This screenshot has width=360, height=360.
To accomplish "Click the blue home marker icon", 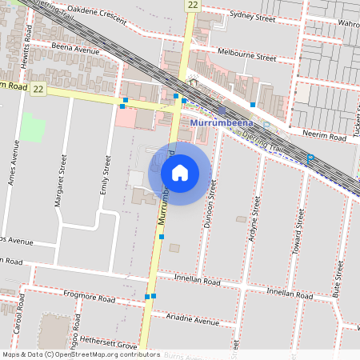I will [x=180, y=172].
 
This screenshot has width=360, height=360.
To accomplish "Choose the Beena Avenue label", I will [x=76, y=50].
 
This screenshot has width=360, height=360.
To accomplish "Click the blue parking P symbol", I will [x=310, y=159].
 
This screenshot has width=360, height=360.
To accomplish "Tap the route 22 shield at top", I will [x=192, y=5].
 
